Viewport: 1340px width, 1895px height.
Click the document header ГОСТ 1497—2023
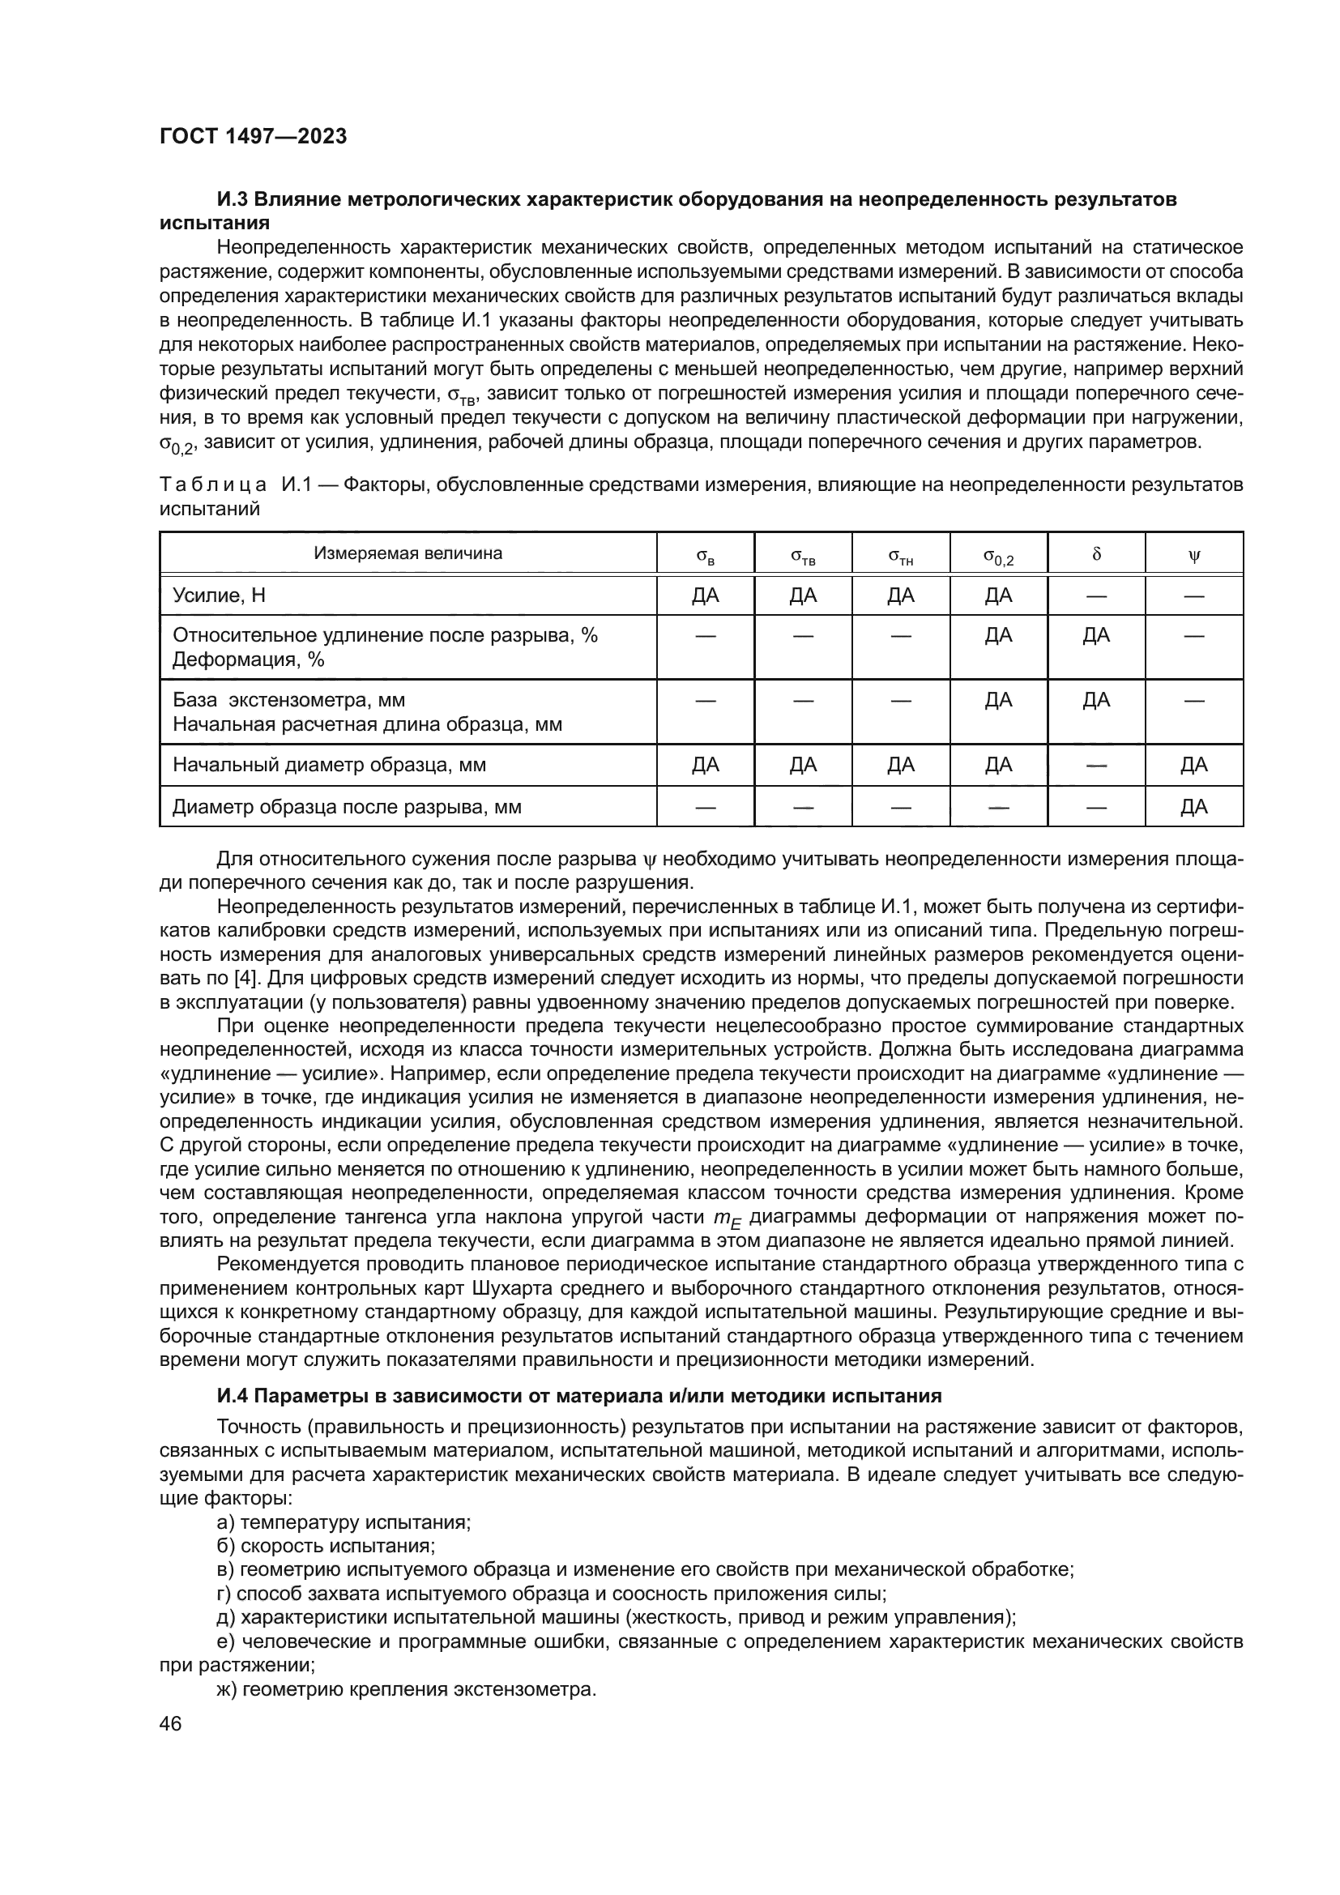[253, 137]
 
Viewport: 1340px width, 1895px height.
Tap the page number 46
[171, 1724]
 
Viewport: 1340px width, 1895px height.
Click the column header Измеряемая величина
[408, 554]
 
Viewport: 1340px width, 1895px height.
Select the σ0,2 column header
[998, 557]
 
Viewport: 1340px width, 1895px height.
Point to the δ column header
[1096, 555]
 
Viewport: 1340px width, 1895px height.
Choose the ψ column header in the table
[1193, 556]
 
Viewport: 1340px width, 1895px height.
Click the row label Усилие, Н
[219, 595]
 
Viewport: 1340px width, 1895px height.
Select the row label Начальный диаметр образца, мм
[328, 765]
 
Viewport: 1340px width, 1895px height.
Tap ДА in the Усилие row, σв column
[706, 595]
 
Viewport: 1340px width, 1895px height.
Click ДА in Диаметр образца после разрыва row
[1193, 806]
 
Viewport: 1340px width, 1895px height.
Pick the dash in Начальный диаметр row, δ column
[1096, 765]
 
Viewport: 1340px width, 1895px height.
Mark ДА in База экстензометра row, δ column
[1096, 701]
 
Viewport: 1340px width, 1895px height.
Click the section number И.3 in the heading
[233, 200]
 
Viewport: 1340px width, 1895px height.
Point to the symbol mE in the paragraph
[727, 1219]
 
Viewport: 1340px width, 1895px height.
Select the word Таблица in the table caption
[213, 484]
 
